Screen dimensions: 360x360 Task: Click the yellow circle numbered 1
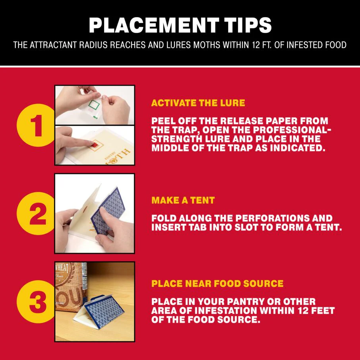(36, 125)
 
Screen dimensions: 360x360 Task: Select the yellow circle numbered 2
(36, 213)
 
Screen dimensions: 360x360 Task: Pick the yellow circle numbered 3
(36, 302)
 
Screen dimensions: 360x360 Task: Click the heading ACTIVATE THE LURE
(198, 103)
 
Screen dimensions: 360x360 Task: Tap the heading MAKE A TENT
(183, 200)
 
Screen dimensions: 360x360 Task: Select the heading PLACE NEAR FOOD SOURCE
(217, 284)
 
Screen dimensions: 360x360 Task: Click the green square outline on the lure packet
(94, 105)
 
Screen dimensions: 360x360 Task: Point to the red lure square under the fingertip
(95, 145)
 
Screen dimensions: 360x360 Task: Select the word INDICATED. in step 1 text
(298, 148)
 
